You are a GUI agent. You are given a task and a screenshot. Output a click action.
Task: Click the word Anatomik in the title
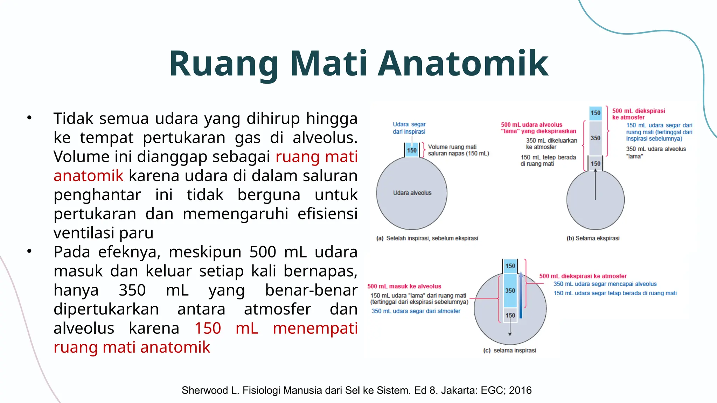tap(463, 64)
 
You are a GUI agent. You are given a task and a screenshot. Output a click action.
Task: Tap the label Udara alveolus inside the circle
tap(412, 193)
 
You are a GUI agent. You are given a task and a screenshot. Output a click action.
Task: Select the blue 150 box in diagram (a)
tap(412, 150)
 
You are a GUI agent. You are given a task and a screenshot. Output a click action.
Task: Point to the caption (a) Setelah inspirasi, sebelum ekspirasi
tap(427, 238)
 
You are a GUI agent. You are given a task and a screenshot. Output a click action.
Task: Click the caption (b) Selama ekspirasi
tap(593, 238)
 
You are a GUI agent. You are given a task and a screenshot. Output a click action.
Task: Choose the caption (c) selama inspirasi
tap(509, 350)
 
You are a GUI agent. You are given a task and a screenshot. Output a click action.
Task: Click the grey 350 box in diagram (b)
tap(595, 138)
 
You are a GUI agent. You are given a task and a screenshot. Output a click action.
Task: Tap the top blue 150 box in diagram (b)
tap(595, 113)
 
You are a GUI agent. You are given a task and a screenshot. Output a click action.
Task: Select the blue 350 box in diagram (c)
tap(510, 290)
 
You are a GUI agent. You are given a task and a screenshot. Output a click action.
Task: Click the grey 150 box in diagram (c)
tap(510, 315)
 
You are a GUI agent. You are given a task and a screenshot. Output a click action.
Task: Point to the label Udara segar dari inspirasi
tap(409, 128)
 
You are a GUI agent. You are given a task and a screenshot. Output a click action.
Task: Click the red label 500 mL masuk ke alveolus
tap(404, 286)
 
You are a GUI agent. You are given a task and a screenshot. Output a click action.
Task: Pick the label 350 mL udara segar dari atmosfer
tap(416, 311)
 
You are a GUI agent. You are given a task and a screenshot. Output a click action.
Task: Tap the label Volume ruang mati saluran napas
tap(458, 150)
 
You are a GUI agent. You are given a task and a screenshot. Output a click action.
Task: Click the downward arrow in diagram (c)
tap(510, 329)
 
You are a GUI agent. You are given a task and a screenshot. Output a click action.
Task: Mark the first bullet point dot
tap(29, 118)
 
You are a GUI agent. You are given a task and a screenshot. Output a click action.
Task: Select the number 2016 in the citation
tap(520, 390)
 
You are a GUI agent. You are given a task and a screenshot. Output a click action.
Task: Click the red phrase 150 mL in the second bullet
tap(226, 328)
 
